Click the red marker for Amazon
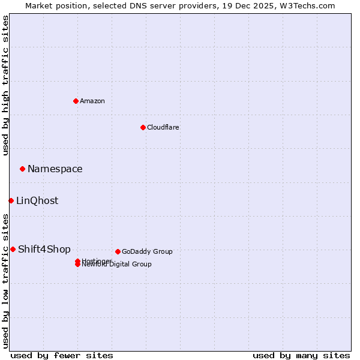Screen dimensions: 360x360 click(76, 101)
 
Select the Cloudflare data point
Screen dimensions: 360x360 click(143, 127)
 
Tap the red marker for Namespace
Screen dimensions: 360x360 click(22, 169)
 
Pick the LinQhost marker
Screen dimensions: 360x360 click(11, 200)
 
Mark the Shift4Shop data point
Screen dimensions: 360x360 click(13, 249)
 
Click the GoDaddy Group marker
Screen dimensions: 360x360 click(118, 251)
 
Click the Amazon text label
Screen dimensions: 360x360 click(92, 101)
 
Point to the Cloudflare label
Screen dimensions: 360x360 click(163, 127)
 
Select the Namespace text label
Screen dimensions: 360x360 click(55, 169)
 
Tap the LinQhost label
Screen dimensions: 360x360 click(37, 201)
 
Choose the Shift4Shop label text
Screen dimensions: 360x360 click(44, 250)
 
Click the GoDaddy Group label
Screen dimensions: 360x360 click(147, 252)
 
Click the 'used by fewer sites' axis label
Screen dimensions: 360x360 click(62, 355)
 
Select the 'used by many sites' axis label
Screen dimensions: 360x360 click(301, 355)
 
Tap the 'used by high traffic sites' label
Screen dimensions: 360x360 click(5, 85)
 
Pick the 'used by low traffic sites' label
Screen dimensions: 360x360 click(5, 280)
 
